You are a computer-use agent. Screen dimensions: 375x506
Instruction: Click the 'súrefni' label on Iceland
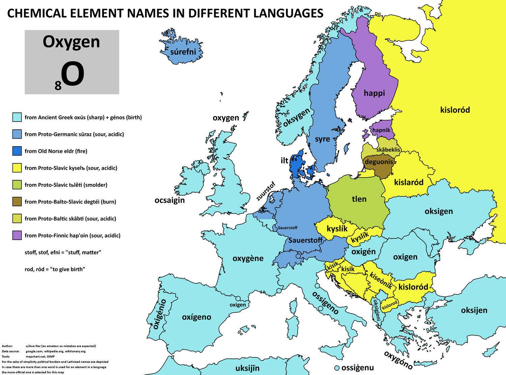pos(183,52)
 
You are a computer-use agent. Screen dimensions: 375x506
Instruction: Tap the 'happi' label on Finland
pos(374,93)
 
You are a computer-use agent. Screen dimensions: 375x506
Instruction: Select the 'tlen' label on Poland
pos(359,199)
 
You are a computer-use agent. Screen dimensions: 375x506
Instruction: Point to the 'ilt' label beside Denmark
pos(284,160)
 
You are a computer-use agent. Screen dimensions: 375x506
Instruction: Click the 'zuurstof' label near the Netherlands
pos(266,191)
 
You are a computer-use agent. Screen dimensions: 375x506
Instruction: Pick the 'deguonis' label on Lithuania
pos(379,162)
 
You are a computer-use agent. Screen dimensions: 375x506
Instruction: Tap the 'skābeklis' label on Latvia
pos(388,150)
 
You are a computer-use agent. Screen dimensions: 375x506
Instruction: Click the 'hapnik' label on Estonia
pos(381,130)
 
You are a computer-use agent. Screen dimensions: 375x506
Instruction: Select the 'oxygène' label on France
pos(248,259)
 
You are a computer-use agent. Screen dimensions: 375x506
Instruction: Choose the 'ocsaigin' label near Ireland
pos(170,200)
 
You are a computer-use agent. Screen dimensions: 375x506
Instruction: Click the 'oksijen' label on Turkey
pos(474,310)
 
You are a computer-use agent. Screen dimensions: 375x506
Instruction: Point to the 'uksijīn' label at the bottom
pos(243,368)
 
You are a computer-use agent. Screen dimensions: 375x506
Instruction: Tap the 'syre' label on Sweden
pos(322,139)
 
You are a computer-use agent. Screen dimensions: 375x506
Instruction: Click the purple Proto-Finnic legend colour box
pos(17,235)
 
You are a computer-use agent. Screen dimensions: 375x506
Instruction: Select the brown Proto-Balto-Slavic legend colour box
pos(17,202)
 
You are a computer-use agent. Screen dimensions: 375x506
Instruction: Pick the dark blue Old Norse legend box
pos(17,151)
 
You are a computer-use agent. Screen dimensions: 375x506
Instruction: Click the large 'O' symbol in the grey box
pos(73,75)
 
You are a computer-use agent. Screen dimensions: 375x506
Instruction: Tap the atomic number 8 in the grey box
pos(58,86)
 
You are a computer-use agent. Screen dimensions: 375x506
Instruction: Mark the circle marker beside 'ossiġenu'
pos(336,368)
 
